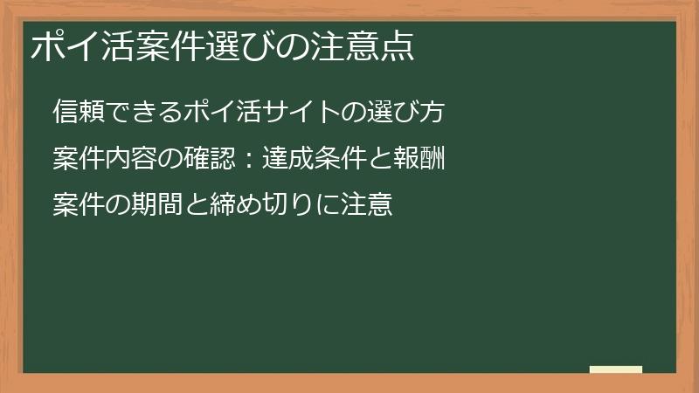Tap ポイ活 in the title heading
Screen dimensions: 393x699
[78, 46]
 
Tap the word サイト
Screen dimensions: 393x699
[277, 113]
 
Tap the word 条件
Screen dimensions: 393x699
[323, 160]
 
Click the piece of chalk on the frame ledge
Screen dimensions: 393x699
[616, 370]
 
